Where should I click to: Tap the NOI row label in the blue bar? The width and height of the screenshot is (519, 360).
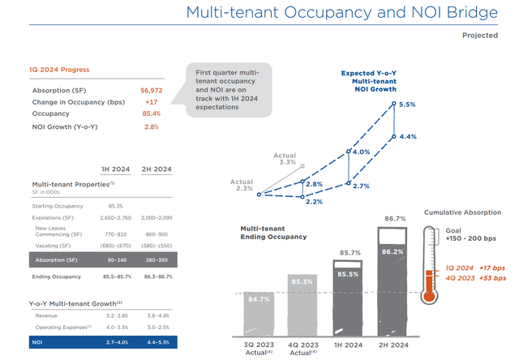point(39,344)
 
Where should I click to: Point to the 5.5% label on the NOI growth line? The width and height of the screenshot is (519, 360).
point(407,105)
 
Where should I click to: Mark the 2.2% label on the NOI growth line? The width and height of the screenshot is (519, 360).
point(314,202)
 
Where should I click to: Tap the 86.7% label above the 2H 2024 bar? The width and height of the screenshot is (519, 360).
point(395,219)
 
